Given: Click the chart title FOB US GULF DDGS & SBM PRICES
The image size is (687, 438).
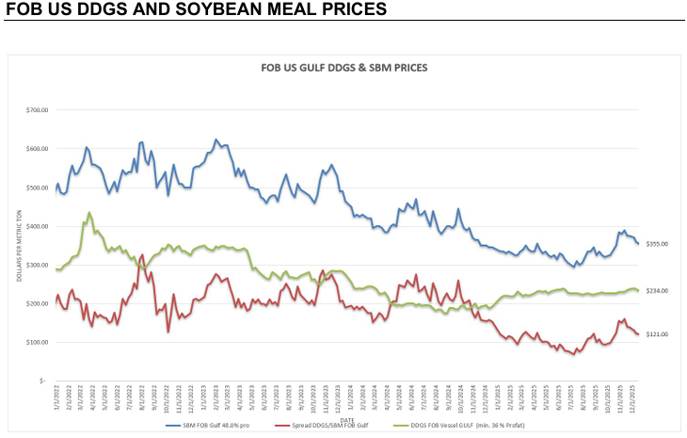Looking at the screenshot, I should pyautogui.click(x=343, y=69).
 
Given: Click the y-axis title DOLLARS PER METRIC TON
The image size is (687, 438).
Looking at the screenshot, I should pyautogui.click(x=20, y=246).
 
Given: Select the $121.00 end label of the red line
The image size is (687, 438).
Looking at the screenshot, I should pyautogui.click(x=656, y=334).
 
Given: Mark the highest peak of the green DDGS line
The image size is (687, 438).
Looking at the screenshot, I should pyautogui.click(x=89, y=213).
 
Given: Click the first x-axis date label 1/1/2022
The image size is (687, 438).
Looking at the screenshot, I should pyautogui.click(x=57, y=395).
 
